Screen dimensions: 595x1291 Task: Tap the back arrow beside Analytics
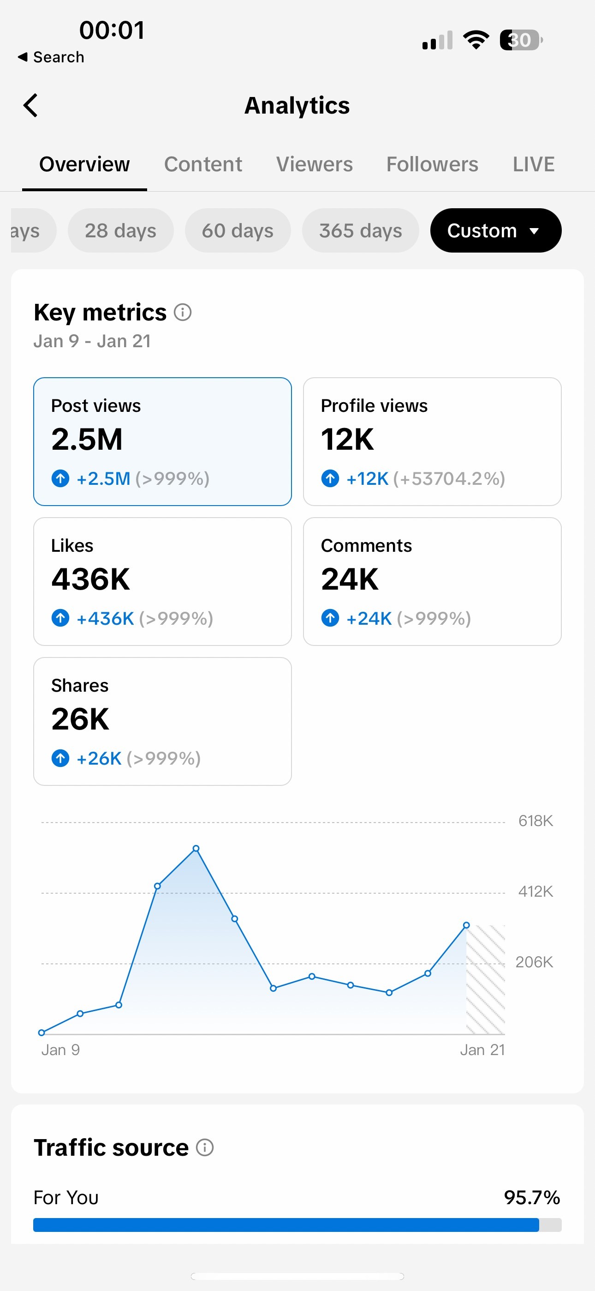pos(30,105)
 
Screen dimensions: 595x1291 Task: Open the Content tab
pos(203,164)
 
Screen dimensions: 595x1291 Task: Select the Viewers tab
pos(315,164)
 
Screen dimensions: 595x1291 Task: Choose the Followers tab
pos(432,164)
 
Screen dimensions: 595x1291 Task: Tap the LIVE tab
pos(533,164)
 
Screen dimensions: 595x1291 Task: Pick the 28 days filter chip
pos(121,230)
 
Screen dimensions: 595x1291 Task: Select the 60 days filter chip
pos(238,230)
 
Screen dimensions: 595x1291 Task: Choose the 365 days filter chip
pos(361,230)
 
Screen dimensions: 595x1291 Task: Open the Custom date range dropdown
pos(496,230)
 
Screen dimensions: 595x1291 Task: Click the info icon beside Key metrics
pos(183,312)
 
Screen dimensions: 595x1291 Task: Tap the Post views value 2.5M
pos(87,440)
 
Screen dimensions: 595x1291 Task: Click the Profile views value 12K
pos(348,440)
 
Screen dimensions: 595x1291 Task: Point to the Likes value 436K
pos(91,579)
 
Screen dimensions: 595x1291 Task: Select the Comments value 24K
pos(350,579)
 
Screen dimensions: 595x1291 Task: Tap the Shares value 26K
pos(80,719)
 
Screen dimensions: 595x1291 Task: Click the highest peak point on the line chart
pos(196,849)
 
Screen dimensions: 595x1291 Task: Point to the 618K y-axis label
pos(535,821)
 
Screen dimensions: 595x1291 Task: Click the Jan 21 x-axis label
pos(482,1050)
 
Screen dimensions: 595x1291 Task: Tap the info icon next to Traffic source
pos(205,1147)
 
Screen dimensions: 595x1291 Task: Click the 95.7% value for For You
pos(532,1197)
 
